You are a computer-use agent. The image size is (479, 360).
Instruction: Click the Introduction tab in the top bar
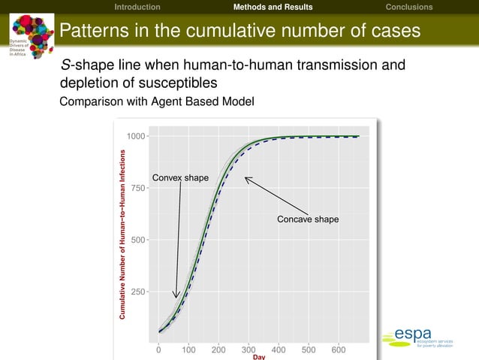(137, 7)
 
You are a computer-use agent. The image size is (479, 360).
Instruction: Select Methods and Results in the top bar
(273, 7)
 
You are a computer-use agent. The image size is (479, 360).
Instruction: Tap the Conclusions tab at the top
(408, 7)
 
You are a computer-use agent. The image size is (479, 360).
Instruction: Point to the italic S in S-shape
(65, 65)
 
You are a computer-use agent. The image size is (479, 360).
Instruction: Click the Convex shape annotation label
(180, 178)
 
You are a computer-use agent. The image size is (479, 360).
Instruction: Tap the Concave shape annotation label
(308, 219)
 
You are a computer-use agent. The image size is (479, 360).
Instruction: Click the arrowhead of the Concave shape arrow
(246, 178)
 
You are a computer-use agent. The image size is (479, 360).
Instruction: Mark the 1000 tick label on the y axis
(136, 136)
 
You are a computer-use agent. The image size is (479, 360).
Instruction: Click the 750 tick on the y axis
(138, 188)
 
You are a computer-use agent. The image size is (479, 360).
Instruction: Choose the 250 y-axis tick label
(138, 292)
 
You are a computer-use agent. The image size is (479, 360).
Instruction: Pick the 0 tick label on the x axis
(158, 349)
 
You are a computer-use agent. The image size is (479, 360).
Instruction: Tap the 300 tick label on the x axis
(249, 349)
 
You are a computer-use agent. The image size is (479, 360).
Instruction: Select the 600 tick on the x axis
(339, 349)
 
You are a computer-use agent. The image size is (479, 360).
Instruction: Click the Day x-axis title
(259, 357)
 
